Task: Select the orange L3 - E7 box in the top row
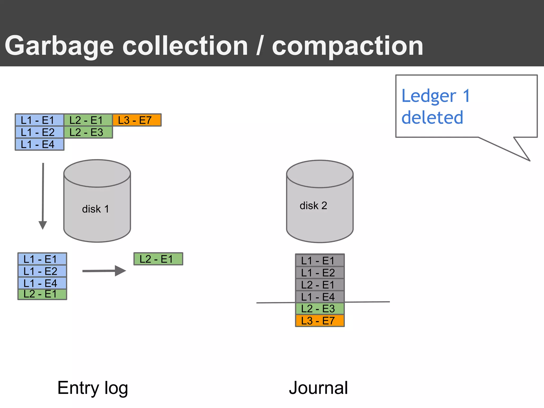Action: click(x=137, y=120)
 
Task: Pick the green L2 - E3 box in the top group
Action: click(x=88, y=132)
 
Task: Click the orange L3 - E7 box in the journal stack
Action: click(x=320, y=321)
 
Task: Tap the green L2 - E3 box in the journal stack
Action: click(x=320, y=309)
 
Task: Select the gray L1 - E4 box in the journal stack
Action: click(x=320, y=297)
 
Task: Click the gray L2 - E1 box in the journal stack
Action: click(x=320, y=285)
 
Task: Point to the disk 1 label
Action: click(x=95, y=209)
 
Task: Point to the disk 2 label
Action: click(x=313, y=206)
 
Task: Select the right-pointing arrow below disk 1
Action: click(x=104, y=271)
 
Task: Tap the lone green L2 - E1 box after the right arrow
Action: click(x=158, y=259)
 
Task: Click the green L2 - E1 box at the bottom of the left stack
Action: click(x=42, y=294)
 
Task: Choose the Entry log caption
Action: click(x=93, y=388)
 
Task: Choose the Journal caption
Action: click(x=318, y=388)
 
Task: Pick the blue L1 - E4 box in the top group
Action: click(x=39, y=144)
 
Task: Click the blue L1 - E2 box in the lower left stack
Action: click(x=42, y=271)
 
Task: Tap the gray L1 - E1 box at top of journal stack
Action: click(x=320, y=261)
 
